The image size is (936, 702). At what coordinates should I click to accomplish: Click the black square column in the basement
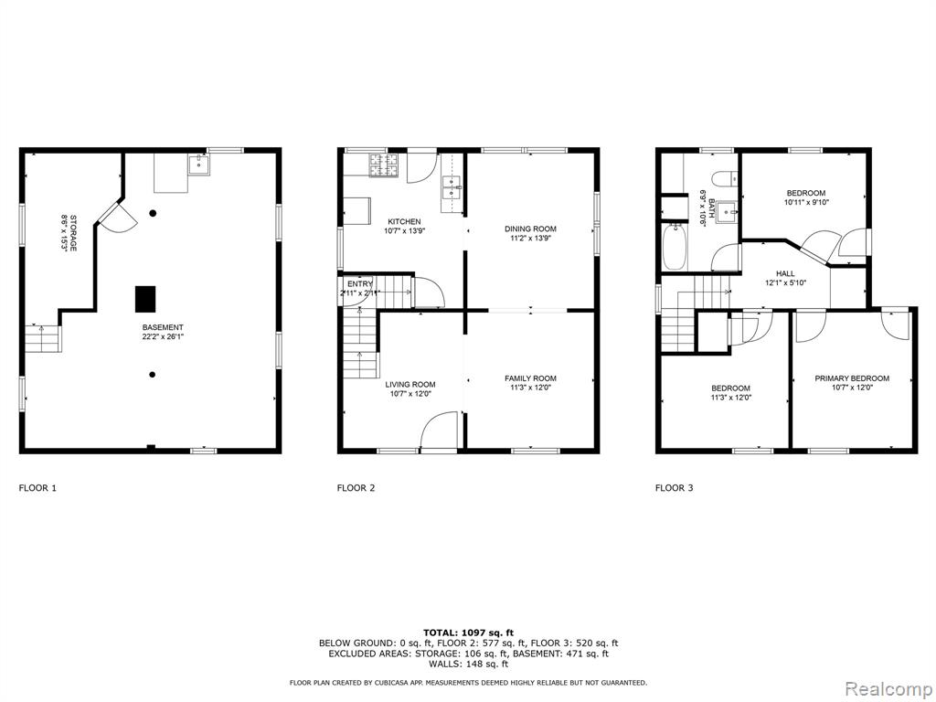pos(145,299)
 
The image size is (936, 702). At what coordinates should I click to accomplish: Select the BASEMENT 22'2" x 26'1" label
pos(163,332)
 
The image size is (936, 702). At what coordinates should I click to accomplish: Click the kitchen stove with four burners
pos(384,165)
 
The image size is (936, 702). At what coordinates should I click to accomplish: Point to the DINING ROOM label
pos(531,229)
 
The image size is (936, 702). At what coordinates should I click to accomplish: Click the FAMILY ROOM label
pos(531,378)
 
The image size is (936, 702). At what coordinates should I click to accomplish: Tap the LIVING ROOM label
pos(410,385)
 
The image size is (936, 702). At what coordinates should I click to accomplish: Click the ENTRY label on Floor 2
pos(360,283)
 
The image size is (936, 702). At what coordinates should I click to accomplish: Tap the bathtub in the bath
pos(675,247)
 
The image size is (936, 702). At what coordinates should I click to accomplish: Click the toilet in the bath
pos(725,178)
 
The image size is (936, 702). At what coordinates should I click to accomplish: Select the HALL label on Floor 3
pos(785,273)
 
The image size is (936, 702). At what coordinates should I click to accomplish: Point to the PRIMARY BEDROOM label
pos(852,378)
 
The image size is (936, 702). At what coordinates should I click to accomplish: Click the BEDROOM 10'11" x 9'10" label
pos(806,197)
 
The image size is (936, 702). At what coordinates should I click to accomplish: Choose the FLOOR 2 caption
pos(356,488)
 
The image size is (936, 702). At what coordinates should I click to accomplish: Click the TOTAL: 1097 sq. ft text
pos(469,633)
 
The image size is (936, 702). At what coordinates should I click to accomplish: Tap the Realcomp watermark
pos(888,689)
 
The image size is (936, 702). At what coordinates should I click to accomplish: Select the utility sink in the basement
pos(198,165)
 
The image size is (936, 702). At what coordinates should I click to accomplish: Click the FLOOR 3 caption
pos(675,488)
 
